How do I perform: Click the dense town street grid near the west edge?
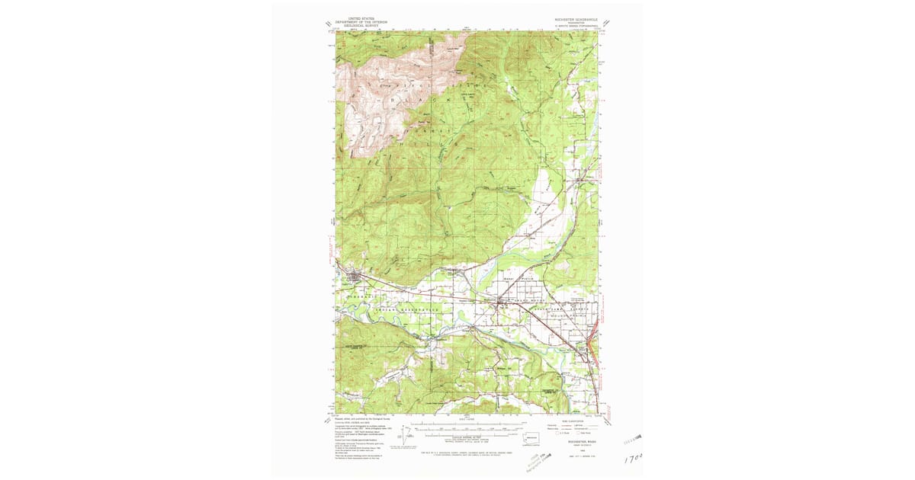tap(352, 277)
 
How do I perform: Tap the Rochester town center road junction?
tap(499, 302)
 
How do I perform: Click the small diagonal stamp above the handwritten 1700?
tap(633, 441)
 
